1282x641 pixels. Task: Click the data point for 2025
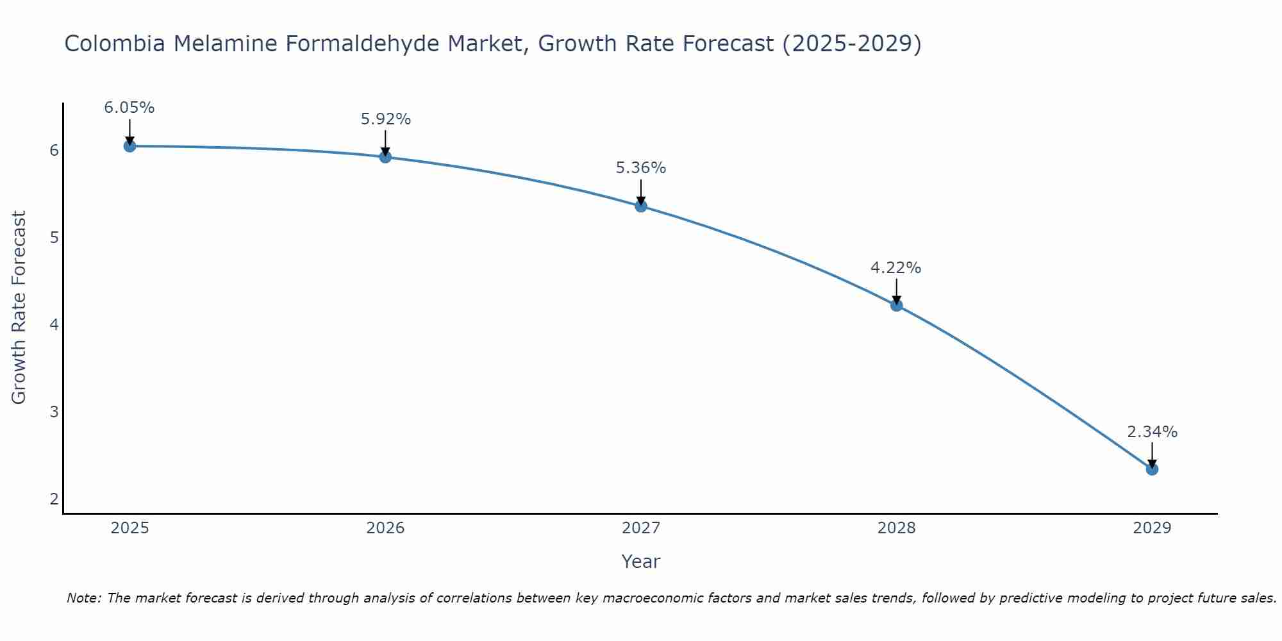129,146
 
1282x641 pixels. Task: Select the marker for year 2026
385,157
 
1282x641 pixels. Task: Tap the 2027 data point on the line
641,206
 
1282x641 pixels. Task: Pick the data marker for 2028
896,305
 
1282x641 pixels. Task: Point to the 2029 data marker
1152,469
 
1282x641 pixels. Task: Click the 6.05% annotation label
129,108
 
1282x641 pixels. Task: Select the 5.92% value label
385,119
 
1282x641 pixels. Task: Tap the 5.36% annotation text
641,168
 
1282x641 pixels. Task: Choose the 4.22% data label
895,268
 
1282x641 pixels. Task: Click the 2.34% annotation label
1152,432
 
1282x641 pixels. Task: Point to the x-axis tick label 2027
641,528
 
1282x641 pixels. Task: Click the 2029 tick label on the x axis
1152,528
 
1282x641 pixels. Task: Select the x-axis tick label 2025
129,528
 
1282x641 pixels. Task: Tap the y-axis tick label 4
54,325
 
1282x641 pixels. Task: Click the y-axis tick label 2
54,499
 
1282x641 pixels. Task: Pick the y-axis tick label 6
54,151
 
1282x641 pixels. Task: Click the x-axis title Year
641,562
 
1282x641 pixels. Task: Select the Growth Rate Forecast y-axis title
19,308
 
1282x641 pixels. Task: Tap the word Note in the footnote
83,598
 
